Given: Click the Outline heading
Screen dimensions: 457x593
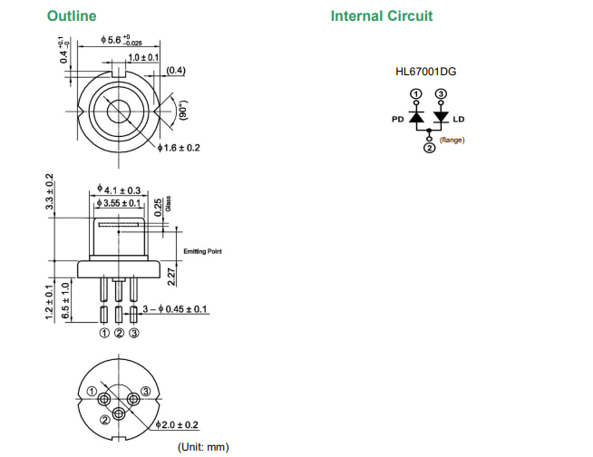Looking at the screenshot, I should [x=72, y=15].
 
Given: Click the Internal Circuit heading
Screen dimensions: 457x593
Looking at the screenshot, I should [x=382, y=15].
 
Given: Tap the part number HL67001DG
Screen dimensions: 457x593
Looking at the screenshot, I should [x=426, y=70].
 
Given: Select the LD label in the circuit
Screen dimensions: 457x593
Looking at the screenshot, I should [x=458, y=119].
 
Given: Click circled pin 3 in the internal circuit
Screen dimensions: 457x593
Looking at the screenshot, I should [x=441, y=94].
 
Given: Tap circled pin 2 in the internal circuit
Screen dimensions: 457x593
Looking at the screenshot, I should [x=429, y=149].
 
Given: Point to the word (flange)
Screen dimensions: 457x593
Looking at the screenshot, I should [x=452, y=140].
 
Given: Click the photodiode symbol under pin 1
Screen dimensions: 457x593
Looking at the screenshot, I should [x=416, y=117].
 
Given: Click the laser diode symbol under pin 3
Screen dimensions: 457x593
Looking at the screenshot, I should [x=441, y=117].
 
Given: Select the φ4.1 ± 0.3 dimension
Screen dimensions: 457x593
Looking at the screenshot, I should [x=121, y=190].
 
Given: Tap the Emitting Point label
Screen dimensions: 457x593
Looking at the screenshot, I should [x=202, y=251].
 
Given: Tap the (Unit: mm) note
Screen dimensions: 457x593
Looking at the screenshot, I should [x=203, y=446].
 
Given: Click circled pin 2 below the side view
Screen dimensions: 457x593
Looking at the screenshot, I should [x=119, y=334].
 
